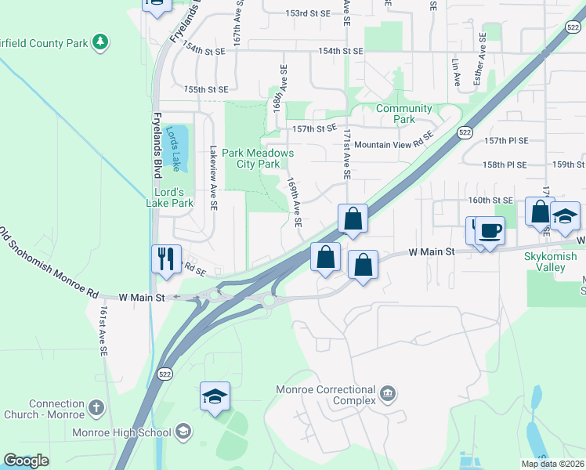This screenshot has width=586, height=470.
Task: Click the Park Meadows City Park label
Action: click(x=258, y=159)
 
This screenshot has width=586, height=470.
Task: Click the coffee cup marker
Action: click(x=490, y=231)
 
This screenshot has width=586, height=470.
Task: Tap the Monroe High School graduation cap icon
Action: click(x=183, y=431)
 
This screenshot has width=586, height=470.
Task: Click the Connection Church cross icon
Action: click(x=96, y=407)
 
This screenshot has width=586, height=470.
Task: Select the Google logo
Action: click(x=26, y=461)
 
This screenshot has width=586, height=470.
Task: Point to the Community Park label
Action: click(x=403, y=114)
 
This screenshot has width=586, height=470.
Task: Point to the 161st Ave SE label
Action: click(x=103, y=332)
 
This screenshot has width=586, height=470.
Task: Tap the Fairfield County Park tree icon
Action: click(x=100, y=42)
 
